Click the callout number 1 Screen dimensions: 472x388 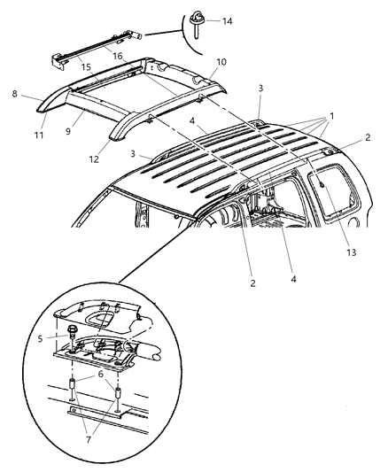pos(332,116)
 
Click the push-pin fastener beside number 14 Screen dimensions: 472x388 pos(194,22)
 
